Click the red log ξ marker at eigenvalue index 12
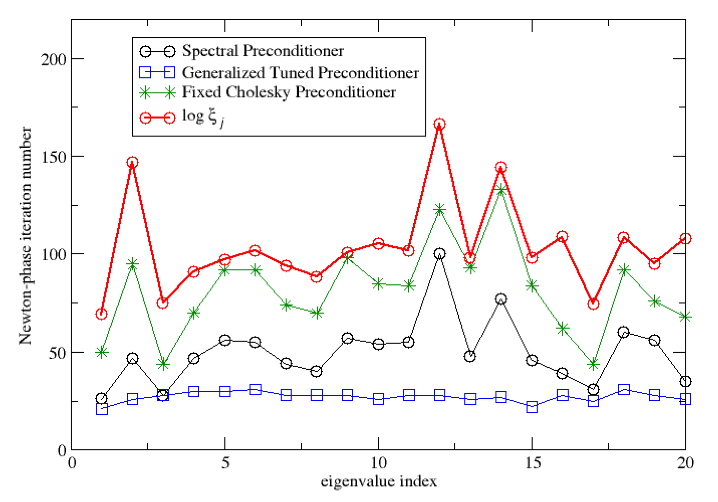click(439, 124)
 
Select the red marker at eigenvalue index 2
click(133, 162)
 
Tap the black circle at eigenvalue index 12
click(439, 254)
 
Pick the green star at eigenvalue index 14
click(501, 190)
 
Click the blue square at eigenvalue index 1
click(102, 409)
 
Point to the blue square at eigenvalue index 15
click(532, 407)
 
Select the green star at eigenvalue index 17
click(593, 365)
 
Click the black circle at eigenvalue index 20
click(685, 381)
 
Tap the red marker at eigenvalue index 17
click(593, 304)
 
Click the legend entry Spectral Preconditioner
click(263, 51)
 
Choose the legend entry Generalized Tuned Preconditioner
click(300, 73)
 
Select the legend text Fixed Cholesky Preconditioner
click(289, 92)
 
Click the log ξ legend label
click(203, 117)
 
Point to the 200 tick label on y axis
click(53, 60)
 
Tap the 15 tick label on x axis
click(533, 463)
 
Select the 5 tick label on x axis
click(225, 463)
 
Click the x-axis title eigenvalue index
click(379, 481)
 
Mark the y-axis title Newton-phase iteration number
click(25, 236)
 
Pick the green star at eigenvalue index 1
click(102, 352)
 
